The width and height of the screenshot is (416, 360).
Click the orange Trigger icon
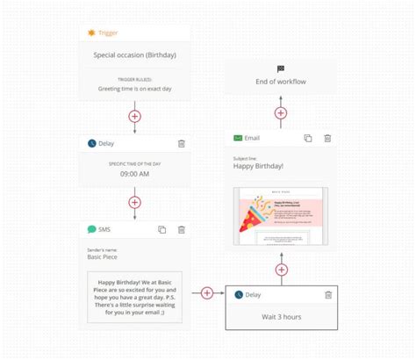click(91, 32)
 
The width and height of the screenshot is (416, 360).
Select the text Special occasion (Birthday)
click(134, 54)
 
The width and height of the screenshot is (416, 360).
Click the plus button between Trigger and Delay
click(134, 115)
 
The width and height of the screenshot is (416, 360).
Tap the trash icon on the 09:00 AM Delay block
click(181, 143)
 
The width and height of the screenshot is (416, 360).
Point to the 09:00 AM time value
click(134, 174)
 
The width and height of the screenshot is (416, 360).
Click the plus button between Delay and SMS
click(134, 202)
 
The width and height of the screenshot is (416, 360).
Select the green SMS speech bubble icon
click(91, 229)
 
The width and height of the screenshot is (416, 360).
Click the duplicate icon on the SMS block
click(161, 229)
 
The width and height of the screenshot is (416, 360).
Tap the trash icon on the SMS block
click(181, 229)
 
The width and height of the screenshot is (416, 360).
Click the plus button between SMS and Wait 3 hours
click(207, 293)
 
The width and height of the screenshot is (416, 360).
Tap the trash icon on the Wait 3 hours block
click(327, 296)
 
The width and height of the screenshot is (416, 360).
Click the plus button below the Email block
click(281, 270)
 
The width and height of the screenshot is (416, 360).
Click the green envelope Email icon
click(238, 138)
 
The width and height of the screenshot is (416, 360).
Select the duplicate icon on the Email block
click(307, 138)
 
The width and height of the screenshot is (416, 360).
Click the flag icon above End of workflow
click(281, 68)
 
